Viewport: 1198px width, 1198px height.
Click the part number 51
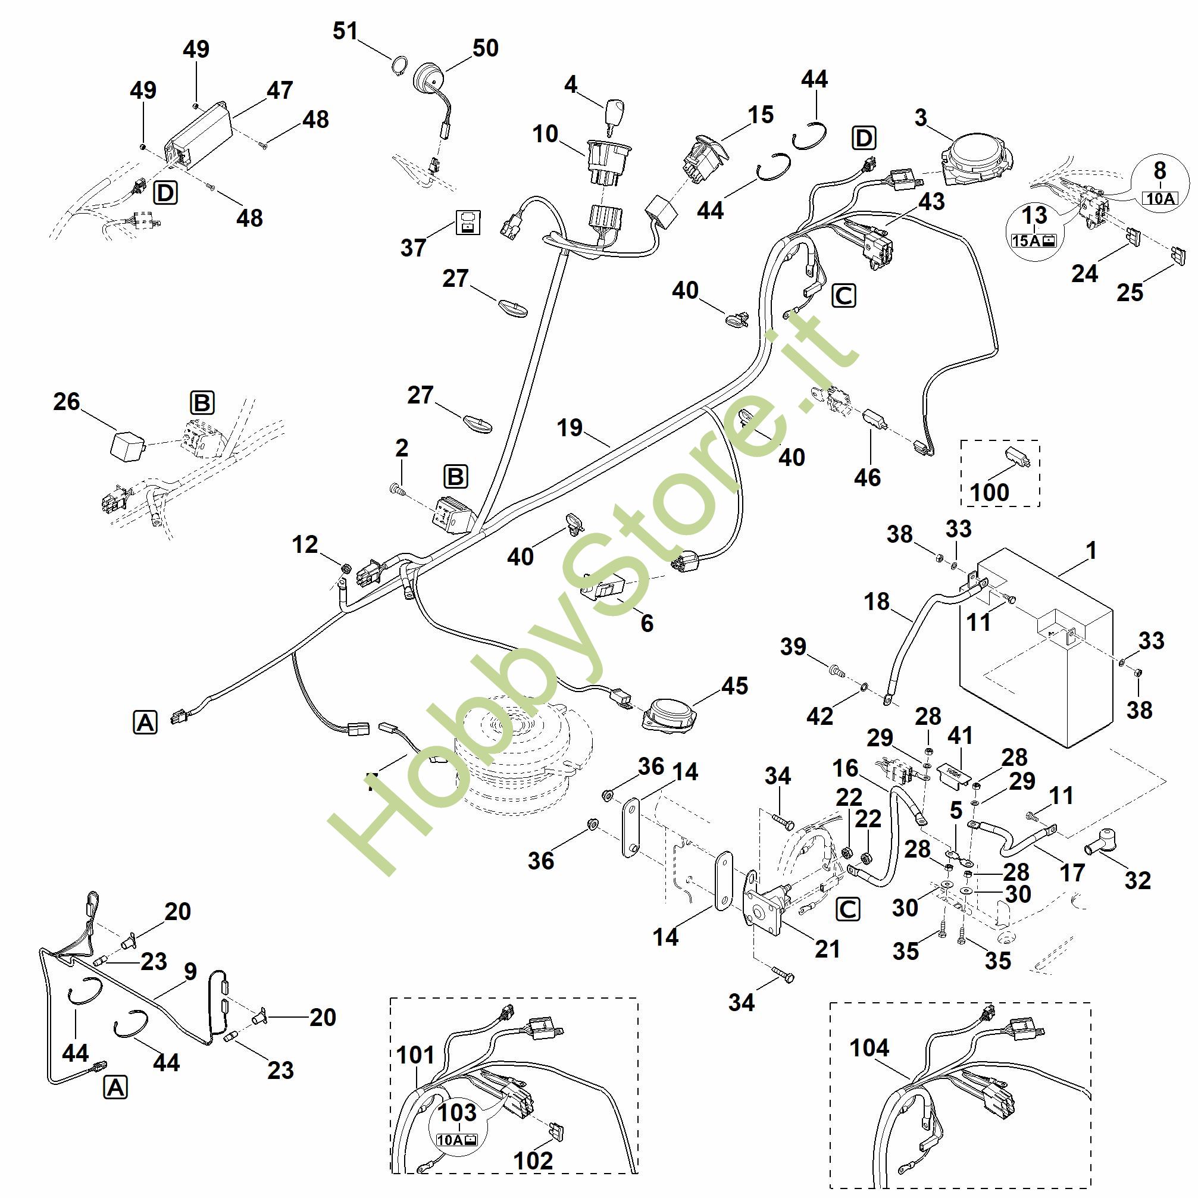coord(345,30)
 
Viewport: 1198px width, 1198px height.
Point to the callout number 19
coord(569,427)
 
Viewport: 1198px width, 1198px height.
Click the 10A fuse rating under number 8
coord(1160,198)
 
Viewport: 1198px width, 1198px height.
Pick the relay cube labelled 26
coord(127,444)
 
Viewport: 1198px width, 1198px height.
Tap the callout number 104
coord(869,1047)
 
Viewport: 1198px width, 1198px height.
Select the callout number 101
coord(415,1054)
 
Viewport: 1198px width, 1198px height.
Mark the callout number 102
coord(533,1160)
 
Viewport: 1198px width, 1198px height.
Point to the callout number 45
coord(734,685)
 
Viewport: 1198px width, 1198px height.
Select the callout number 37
coord(413,248)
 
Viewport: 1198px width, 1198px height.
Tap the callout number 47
coord(280,90)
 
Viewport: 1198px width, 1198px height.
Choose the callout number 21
coord(827,948)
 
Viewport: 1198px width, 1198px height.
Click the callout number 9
coord(190,971)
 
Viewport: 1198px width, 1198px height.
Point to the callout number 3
coord(921,117)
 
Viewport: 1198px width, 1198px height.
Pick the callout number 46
coord(867,477)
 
